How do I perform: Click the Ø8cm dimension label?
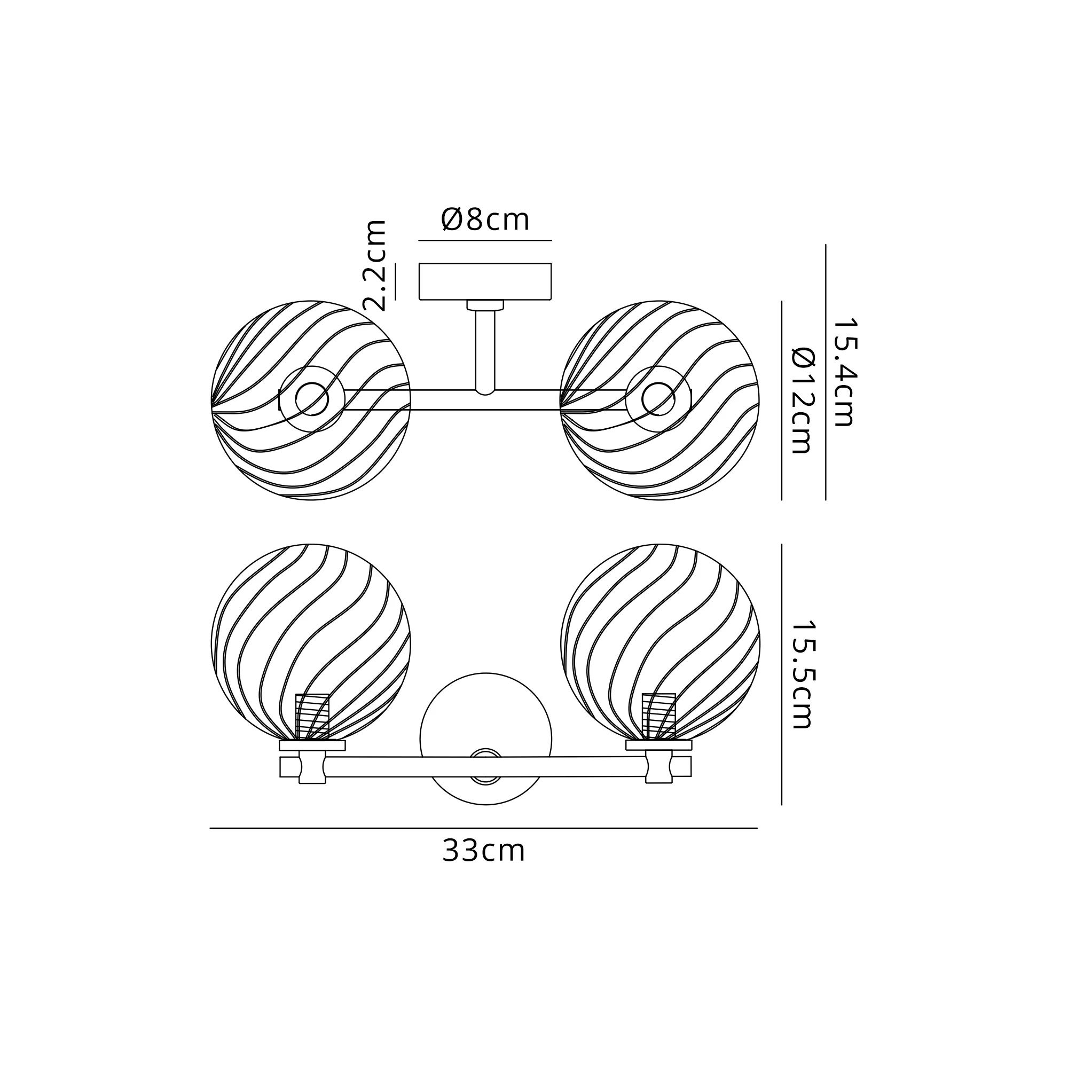(485, 220)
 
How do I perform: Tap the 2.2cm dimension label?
(375, 265)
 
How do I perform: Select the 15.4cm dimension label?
(844, 372)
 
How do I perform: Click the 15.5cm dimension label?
(802, 674)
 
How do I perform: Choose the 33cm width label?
(484, 851)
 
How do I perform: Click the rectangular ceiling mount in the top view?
(485, 281)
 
